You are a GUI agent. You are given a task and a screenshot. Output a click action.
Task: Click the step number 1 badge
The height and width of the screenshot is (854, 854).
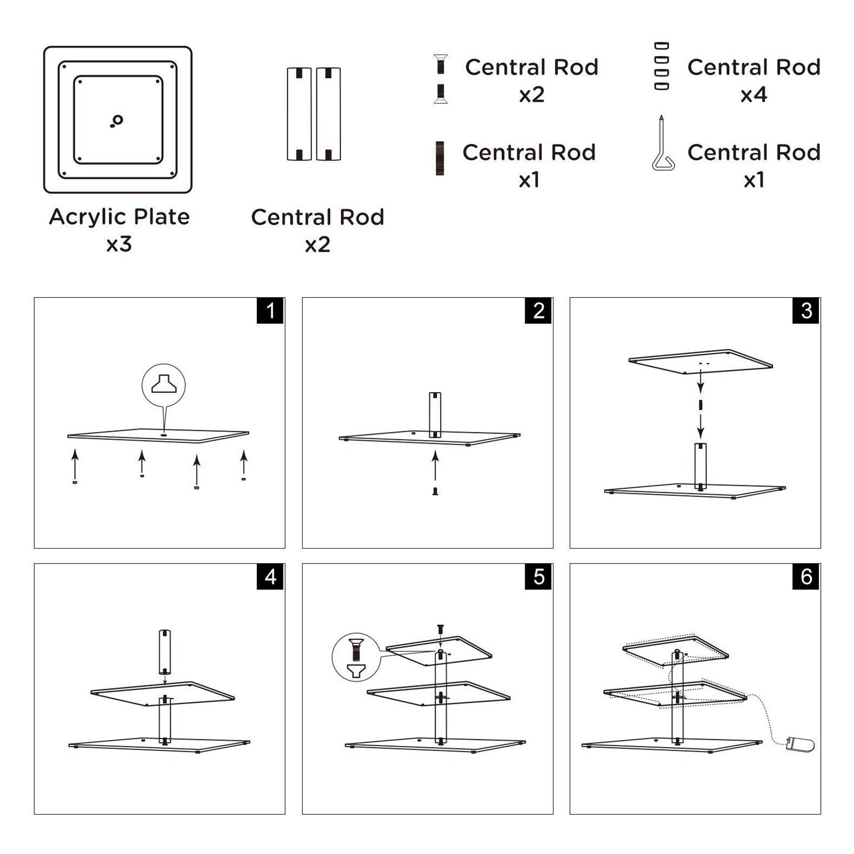[270, 311]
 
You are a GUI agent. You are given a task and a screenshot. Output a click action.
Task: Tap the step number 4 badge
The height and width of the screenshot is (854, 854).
[270, 576]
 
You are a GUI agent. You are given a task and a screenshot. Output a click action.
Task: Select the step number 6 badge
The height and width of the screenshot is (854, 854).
[806, 576]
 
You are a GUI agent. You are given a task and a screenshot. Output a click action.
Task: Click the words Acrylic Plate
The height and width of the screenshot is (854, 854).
[119, 217]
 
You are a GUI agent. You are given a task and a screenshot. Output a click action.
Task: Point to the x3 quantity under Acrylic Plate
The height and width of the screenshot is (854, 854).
[118, 244]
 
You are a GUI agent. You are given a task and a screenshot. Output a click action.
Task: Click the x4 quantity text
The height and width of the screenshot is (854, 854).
[754, 95]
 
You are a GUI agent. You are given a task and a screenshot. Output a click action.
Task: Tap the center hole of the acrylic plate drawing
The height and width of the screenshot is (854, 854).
[118, 120]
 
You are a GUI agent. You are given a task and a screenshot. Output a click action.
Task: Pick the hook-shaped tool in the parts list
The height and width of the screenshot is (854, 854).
[663, 144]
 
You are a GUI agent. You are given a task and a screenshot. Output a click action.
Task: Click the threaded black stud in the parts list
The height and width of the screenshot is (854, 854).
[440, 158]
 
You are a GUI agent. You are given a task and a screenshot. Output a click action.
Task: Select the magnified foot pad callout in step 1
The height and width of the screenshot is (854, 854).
[163, 385]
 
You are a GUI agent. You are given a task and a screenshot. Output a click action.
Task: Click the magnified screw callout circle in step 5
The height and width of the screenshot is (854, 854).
[355, 658]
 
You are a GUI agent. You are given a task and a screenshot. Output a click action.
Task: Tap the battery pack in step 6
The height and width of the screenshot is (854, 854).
[800, 744]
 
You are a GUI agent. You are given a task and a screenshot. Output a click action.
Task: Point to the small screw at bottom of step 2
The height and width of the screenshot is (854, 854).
[435, 492]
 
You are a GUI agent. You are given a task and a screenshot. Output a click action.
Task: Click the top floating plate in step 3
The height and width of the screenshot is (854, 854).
[700, 362]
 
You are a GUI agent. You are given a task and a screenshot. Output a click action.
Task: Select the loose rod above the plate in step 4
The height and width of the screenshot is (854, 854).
[165, 652]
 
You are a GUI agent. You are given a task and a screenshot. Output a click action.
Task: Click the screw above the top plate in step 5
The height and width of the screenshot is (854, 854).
[440, 629]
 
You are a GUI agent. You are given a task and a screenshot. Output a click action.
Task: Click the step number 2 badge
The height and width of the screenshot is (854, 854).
[539, 311]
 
